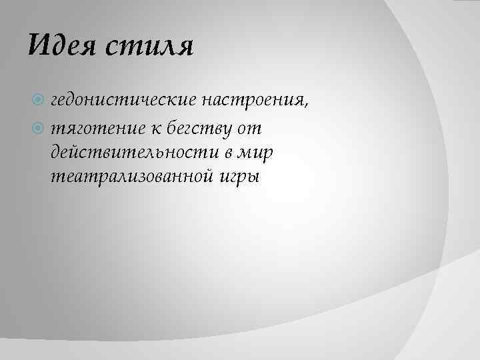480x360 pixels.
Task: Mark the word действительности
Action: click(x=133, y=152)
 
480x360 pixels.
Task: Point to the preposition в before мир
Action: click(x=228, y=152)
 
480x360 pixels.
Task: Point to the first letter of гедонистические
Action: click(x=54, y=101)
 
